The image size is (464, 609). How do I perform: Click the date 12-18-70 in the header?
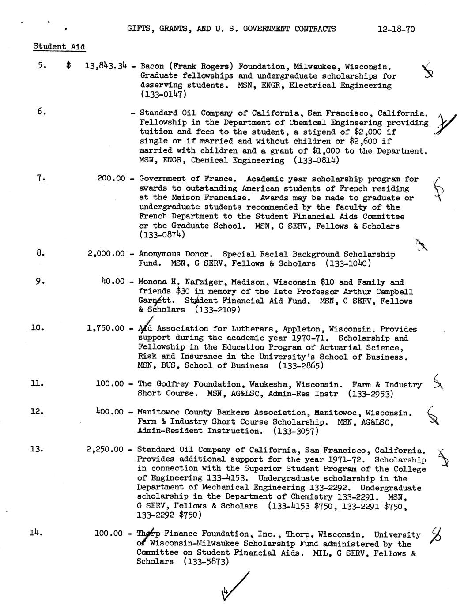tap(396, 30)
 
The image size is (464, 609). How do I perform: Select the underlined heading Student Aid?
tap(59, 46)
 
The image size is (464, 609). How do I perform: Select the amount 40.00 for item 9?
tap(113, 282)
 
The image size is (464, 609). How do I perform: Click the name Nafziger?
tap(203, 282)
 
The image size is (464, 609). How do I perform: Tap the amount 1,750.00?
tap(106, 328)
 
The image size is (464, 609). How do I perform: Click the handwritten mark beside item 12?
tap(433, 415)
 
